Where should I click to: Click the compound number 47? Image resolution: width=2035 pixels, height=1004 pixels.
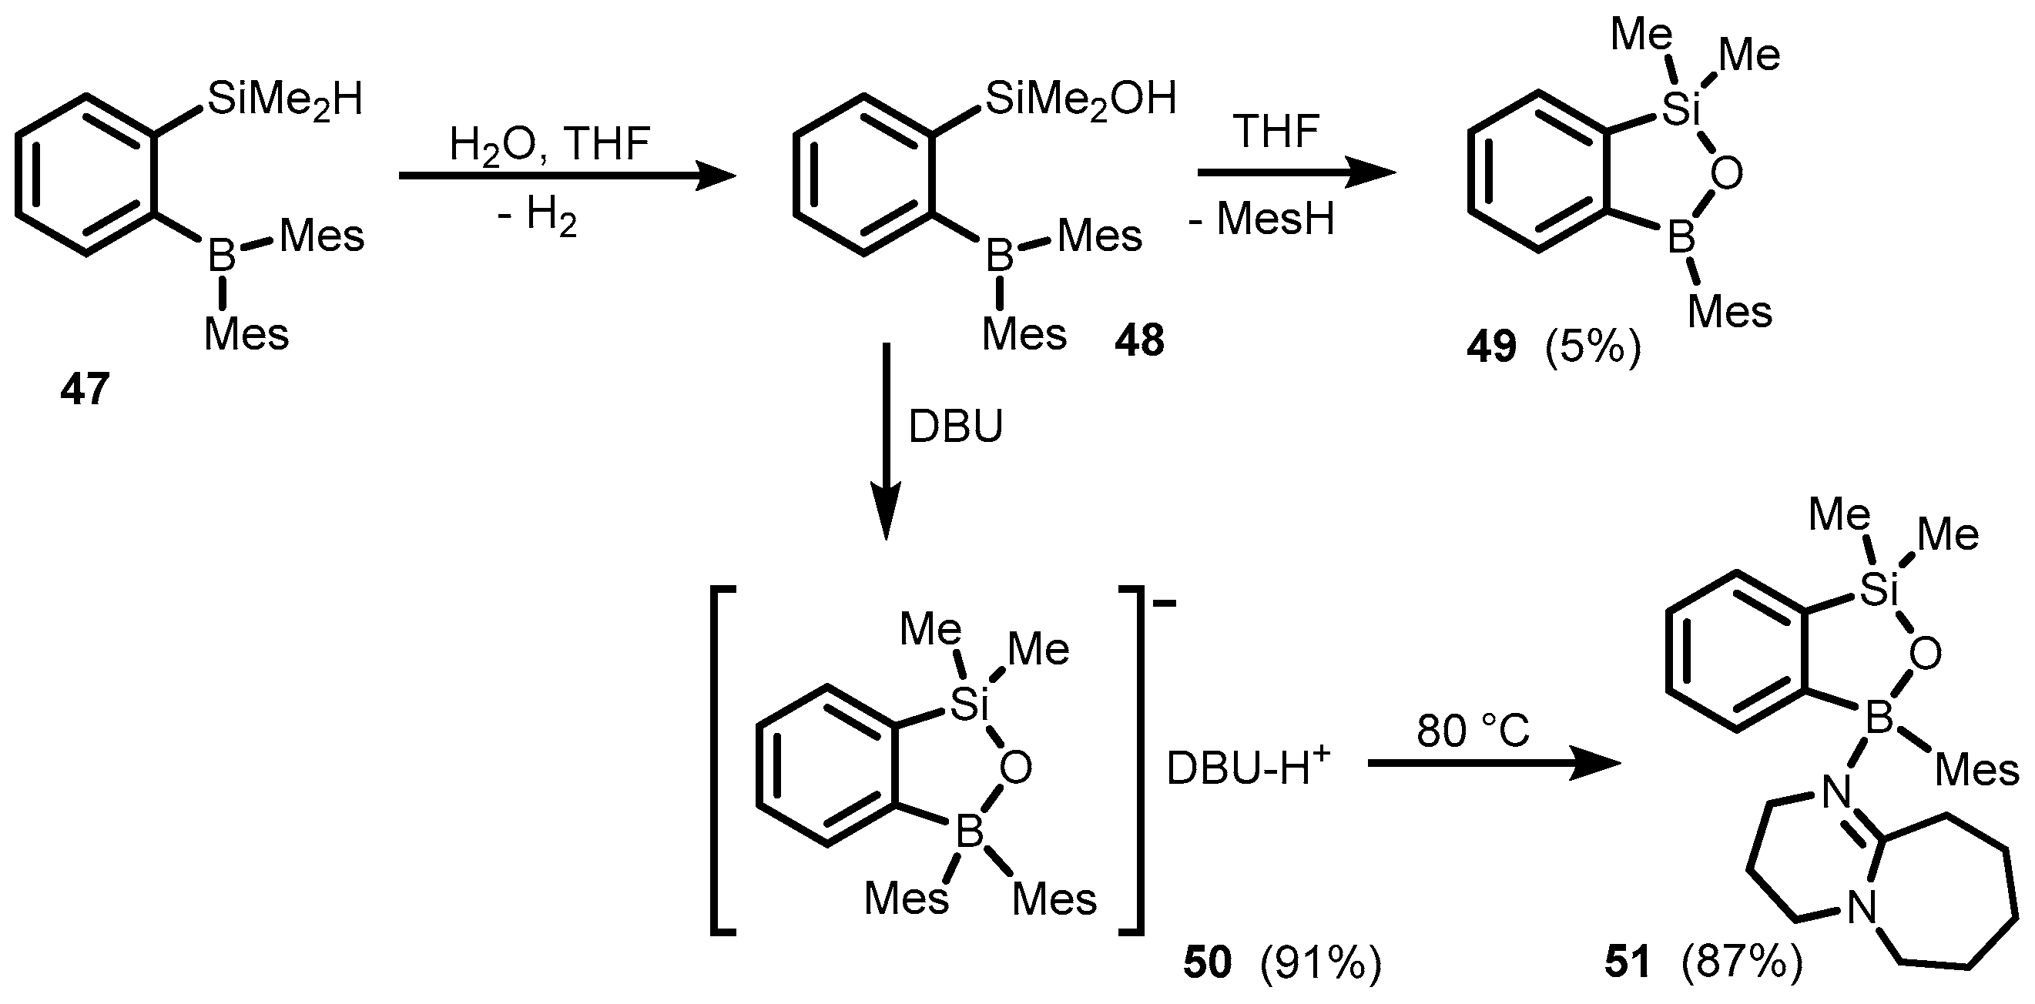pyautogui.click(x=85, y=390)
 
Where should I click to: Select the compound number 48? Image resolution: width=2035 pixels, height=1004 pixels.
pyautogui.click(x=1139, y=341)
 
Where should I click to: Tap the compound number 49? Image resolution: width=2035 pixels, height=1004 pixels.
pyautogui.click(x=1491, y=347)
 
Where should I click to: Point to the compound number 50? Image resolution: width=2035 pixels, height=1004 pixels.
pyautogui.click(x=1207, y=963)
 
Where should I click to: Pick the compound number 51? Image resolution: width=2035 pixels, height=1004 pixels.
pyautogui.click(x=1628, y=963)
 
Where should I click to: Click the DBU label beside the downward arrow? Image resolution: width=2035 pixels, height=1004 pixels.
pyautogui.click(x=956, y=427)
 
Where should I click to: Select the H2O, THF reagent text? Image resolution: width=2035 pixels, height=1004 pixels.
pyautogui.click(x=550, y=145)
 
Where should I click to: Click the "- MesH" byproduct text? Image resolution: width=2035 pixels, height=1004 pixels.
pyautogui.click(x=1262, y=219)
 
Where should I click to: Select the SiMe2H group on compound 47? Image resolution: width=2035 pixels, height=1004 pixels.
pyautogui.click(x=284, y=101)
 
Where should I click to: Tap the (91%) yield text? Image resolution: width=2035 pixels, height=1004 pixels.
pyautogui.click(x=1321, y=963)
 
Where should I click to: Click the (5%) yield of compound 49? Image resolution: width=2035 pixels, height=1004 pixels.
pyautogui.click(x=1593, y=347)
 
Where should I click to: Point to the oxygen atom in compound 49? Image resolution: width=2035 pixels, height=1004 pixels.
pyautogui.click(x=1726, y=173)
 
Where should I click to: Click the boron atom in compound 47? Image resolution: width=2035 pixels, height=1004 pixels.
pyautogui.click(x=222, y=255)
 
